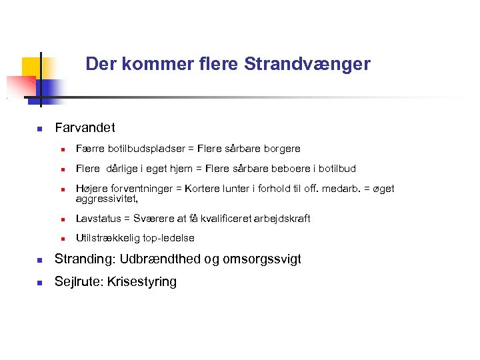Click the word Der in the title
[x=99, y=64]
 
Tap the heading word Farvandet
[x=85, y=127]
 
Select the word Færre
[x=89, y=149]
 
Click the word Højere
[x=91, y=189]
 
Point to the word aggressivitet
[x=106, y=198]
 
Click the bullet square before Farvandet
[x=40, y=128]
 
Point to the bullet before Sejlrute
[x=40, y=282]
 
